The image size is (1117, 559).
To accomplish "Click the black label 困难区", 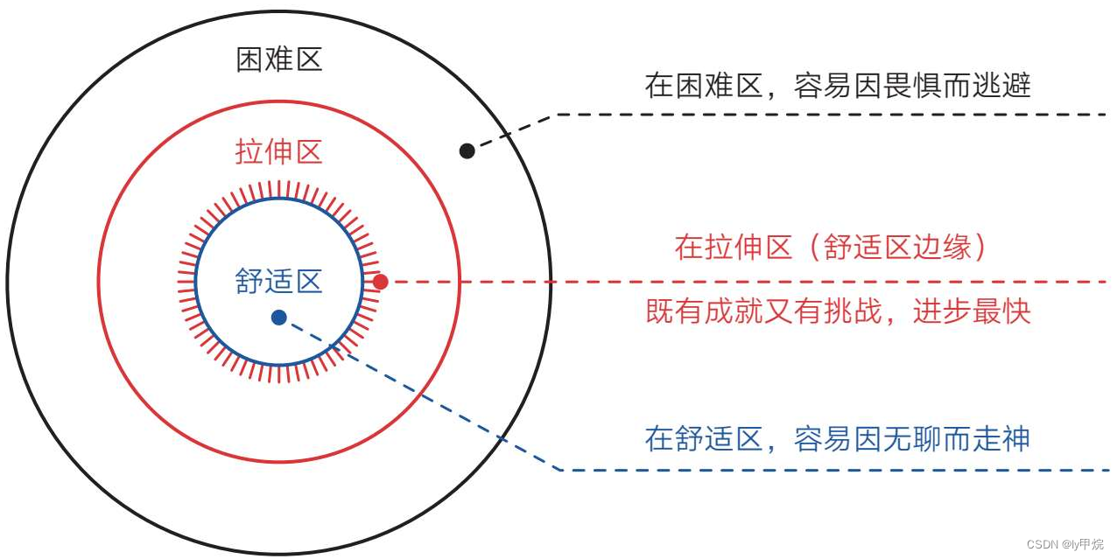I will coord(279,59).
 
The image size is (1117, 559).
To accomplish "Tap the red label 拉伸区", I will coord(279,152).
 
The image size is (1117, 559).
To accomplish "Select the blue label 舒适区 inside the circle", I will coord(279,281).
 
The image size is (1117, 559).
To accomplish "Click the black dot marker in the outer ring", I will coord(467,150).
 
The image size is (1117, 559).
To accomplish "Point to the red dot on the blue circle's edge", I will coord(380,282).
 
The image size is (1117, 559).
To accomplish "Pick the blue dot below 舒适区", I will coord(278,318).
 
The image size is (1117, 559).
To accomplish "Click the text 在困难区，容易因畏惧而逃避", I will coord(838,86).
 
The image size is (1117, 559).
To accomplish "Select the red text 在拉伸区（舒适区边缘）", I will coord(831,248).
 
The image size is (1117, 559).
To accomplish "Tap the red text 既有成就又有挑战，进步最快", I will coord(838,312).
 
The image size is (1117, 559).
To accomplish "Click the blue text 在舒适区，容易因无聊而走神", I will coord(838,438).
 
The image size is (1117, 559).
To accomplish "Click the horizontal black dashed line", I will coord(832,115).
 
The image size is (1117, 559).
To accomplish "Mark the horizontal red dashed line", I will coord(744,282).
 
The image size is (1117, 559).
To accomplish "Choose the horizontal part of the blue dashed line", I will coord(832,471).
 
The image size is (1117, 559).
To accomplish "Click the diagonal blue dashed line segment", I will coord(420,394).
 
